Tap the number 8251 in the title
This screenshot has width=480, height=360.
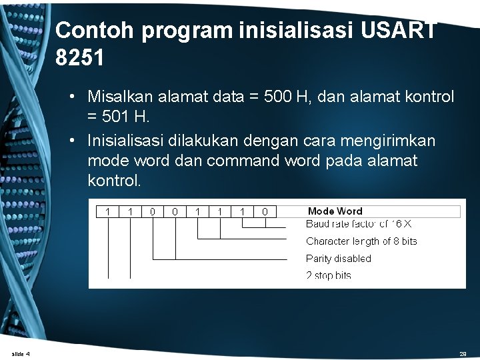[80, 59]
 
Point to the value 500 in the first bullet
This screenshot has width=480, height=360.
[278, 97]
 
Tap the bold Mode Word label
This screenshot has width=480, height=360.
[335, 211]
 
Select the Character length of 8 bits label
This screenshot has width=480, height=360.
[361, 241]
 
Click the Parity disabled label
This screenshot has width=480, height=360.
[338, 259]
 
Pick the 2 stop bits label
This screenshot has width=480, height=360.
[328, 275]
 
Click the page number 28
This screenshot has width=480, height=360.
[463, 354]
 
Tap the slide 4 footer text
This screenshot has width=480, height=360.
[21, 353]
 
